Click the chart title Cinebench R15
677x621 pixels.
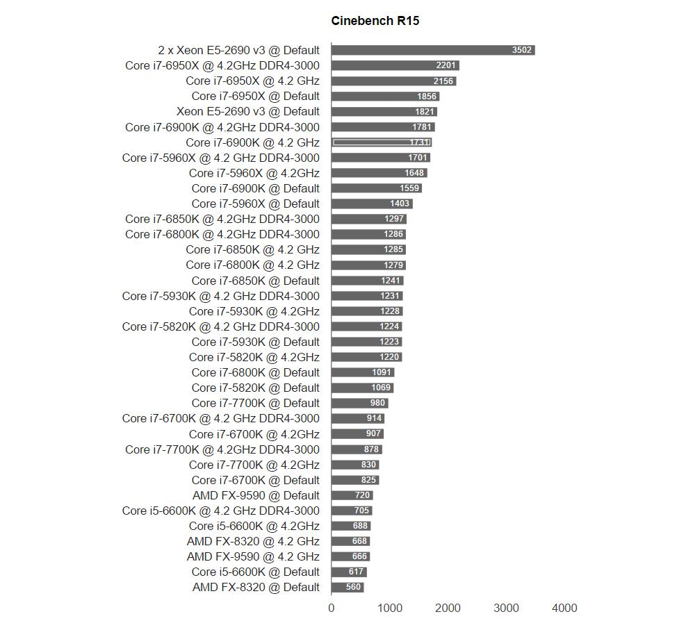[375, 21]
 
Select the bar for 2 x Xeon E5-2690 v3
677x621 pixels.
[432, 50]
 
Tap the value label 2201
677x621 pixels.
[446, 65]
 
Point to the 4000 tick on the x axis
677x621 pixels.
[564, 608]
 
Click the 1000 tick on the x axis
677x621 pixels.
[390, 608]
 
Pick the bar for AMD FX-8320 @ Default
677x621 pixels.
[348, 587]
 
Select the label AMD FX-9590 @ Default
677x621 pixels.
[256, 495]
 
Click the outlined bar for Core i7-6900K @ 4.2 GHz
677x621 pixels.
[382, 142]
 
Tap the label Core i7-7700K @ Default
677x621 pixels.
[255, 403]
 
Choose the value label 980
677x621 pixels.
[377, 403]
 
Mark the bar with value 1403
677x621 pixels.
[372, 204]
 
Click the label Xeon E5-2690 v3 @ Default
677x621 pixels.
[247, 111]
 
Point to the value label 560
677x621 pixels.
[353, 587]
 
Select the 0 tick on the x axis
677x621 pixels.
[332, 608]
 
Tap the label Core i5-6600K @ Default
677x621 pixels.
[255, 572]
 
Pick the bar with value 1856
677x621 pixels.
[385, 96]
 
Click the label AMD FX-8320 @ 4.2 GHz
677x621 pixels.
[253, 541]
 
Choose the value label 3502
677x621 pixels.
[521, 50]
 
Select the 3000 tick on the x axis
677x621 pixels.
[506, 608]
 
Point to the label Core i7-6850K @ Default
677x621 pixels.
[255, 281]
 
